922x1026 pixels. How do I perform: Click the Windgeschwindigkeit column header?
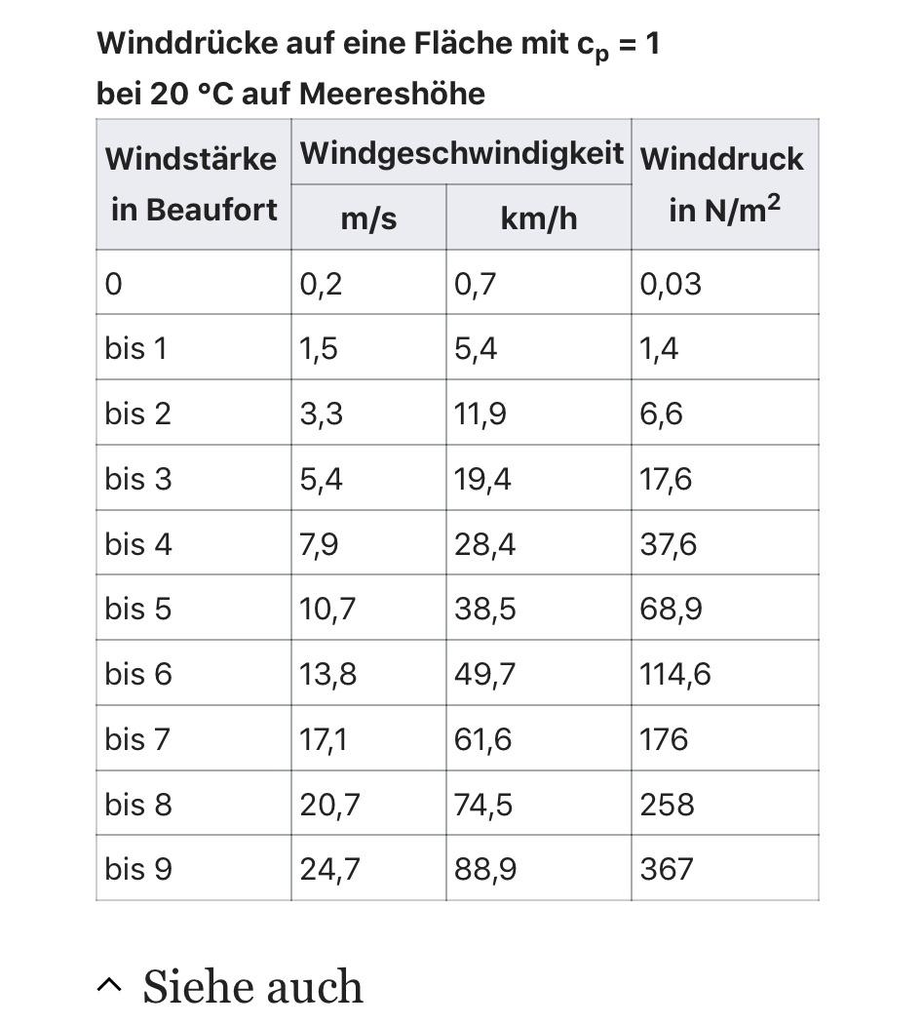coord(461,153)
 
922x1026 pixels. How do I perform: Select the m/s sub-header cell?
coord(368,217)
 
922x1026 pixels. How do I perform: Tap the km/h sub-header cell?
coord(538,217)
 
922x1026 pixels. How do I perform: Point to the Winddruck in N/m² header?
coord(723,183)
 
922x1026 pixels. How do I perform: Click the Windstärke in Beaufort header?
coord(192,183)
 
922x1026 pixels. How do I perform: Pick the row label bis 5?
coord(138,609)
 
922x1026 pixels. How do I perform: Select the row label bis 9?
coord(138,868)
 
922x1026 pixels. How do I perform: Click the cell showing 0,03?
coord(671,284)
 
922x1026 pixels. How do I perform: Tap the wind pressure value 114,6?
coord(675,674)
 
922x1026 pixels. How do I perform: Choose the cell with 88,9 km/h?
coord(485,868)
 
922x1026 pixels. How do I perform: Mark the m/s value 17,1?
coord(323,739)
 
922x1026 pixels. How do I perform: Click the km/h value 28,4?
coord(484,544)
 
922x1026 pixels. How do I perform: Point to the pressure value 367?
coord(667,868)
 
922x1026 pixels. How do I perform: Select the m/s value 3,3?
coord(321,414)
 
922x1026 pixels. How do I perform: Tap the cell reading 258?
coord(668,805)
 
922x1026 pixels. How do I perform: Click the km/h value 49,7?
coord(484,674)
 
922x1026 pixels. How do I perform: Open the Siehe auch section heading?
coord(253,986)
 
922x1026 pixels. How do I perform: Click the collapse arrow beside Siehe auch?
coord(110,986)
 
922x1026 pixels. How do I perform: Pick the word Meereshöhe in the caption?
coord(392,94)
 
